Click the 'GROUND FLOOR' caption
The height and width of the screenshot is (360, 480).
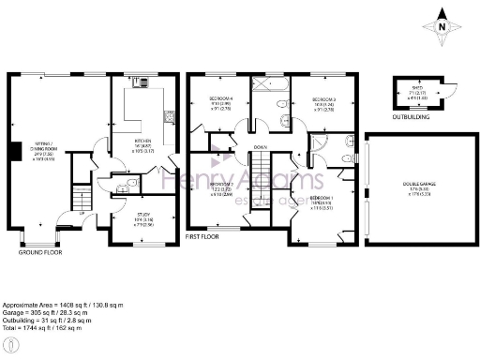pos(38,253)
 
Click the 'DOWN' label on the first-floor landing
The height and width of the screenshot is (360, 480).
pos(262,147)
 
